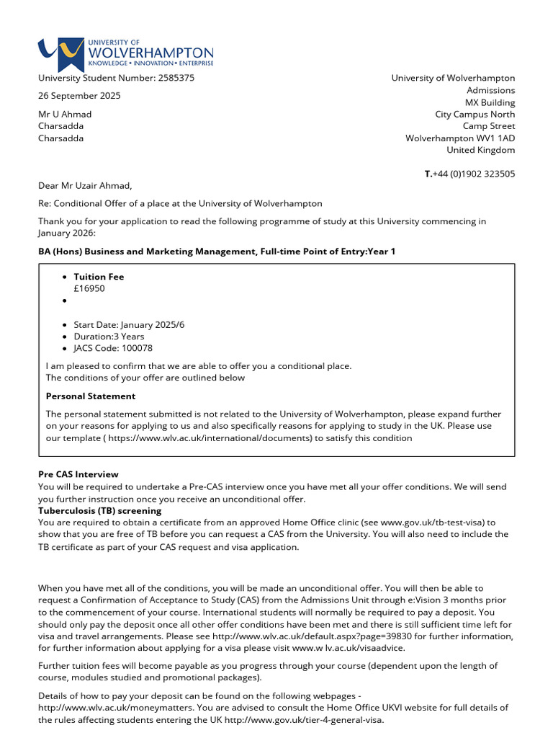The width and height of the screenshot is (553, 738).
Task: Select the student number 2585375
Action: click(x=176, y=78)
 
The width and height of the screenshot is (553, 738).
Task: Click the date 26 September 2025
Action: click(x=79, y=96)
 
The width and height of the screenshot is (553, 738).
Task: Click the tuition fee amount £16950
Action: click(x=89, y=288)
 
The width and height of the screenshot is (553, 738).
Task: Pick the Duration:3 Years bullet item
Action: click(x=109, y=337)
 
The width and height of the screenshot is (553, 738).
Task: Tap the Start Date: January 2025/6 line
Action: click(x=129, y=325)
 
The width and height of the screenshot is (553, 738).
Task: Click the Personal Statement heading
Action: click(x=90, y=396)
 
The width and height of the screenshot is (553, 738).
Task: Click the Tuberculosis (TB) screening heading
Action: click(x=99, y=510)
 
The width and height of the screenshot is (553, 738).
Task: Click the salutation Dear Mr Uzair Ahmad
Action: click(x=85, y=186)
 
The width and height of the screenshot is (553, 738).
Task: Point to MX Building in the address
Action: click(x=490, y=102)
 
